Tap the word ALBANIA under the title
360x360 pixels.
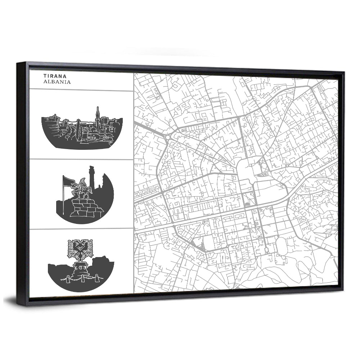point(57,82)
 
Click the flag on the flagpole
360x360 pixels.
point(69,180)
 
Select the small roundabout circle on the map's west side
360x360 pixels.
point(168,138)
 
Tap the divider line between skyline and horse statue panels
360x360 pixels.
point(81,159)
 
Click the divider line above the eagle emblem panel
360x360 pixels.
point(81,229)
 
